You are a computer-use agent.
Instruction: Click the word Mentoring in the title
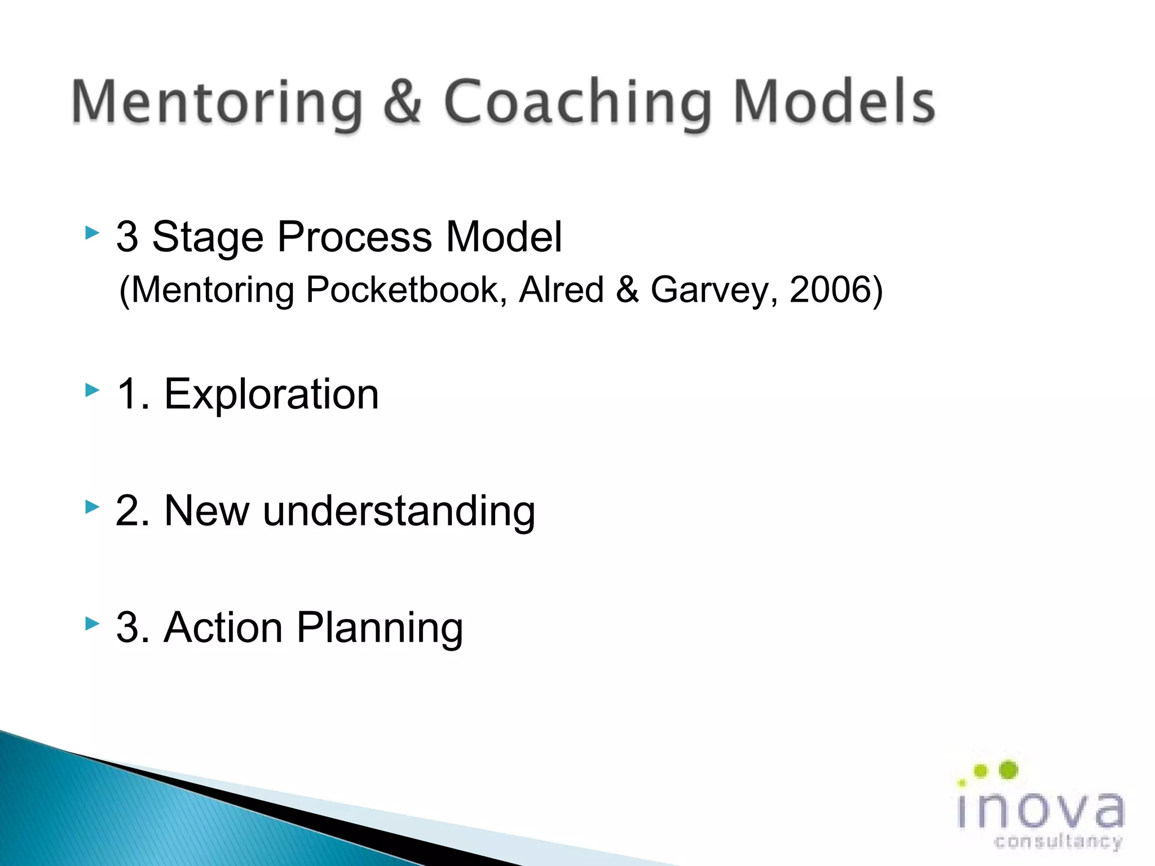[217, 103]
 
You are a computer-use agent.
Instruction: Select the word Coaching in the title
[576, 103]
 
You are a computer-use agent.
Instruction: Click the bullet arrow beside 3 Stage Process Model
[92, 232]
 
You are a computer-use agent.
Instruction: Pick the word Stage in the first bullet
[208, 237]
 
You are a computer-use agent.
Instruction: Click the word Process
[355, 237]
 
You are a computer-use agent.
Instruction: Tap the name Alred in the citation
[561, 290]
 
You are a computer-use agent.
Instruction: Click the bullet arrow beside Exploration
[92, 390]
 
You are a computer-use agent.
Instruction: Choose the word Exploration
[271, 394]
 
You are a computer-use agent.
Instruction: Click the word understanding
[399, 511]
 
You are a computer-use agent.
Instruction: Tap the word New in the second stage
[206, 511]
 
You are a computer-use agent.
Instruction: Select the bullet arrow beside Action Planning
[92, 623]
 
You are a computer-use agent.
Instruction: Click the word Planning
[380, 628]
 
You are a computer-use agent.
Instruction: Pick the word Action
[223, 628]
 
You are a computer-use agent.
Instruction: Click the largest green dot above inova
[1008, 770]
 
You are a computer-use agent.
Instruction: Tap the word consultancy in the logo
[1058, 842]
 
